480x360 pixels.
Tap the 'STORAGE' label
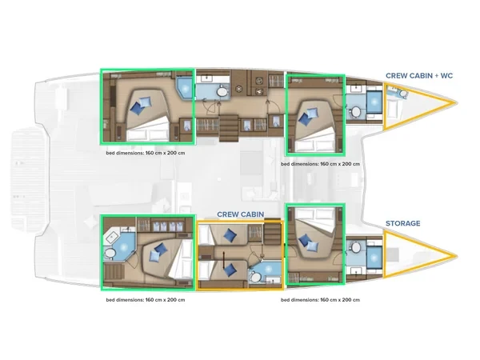pyautogui.click(x=402, y=223)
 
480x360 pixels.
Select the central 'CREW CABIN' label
pyautogui.click(x=241, y=214)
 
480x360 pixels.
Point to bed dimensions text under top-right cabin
pyautogui.click(x=321, y=162)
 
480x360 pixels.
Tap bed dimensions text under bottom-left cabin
pyautogui.click(x=146, y=301)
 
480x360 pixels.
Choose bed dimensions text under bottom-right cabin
pyautogui.click(x=321, y=301)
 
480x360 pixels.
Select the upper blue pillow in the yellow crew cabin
pyautogui.click(x=230, y=234)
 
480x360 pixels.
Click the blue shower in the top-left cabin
pyautogui.click(x=185, y=86)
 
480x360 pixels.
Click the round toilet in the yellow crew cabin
pyautogui.click(x=254, y=275)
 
